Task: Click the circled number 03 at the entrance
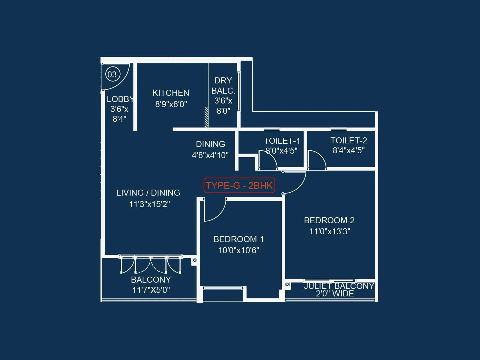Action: point(112,74)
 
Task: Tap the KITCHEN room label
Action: point(171,93)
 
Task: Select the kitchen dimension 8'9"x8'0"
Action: point(171,104)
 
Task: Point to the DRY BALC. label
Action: point(223,85)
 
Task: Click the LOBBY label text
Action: point(120,99)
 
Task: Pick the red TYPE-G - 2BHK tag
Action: point(239,185)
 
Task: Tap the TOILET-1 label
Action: point(282,141)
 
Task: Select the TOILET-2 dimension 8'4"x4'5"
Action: point(349,150)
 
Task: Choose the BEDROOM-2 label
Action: point(329,220)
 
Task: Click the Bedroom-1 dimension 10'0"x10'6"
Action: point(238,250)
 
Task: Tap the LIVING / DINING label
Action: point(148,193)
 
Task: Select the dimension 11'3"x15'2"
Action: point(149,204)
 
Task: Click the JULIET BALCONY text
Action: point(339,286)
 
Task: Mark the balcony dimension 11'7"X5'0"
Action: point(151,290)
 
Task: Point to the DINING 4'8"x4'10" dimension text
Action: point(210,155)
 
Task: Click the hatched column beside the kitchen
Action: point(206,117)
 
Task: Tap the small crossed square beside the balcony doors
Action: point(194,260)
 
